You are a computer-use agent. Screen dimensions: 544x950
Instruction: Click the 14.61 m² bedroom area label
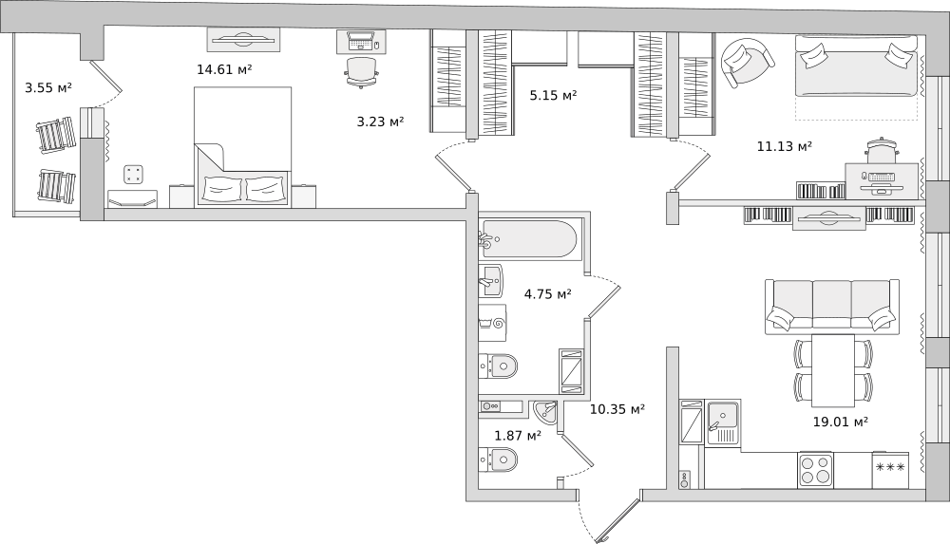[224, 69]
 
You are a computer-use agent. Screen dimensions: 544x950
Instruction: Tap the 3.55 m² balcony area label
[48, 88]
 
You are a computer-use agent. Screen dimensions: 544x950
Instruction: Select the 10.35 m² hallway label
[617, 409]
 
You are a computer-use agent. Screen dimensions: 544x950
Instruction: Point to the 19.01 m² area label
[840, 422]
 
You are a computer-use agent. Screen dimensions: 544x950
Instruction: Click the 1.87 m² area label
[517, 436]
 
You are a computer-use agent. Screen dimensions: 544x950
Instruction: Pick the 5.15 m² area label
[553, 95]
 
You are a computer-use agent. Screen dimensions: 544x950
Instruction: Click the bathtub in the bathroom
[529, 239]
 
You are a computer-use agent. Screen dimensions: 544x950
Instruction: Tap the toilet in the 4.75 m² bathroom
[498, 366]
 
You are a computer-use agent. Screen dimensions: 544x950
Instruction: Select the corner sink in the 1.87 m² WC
[545, 411]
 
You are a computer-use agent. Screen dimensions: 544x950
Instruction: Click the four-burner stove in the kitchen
[815, 469]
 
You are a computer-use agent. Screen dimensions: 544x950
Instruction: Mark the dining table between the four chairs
[833, 369]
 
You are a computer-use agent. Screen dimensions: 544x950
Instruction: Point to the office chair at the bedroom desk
[362, 71]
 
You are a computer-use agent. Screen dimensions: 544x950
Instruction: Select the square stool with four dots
[133, 174]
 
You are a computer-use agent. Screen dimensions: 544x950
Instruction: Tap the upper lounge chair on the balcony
[56, 135]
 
